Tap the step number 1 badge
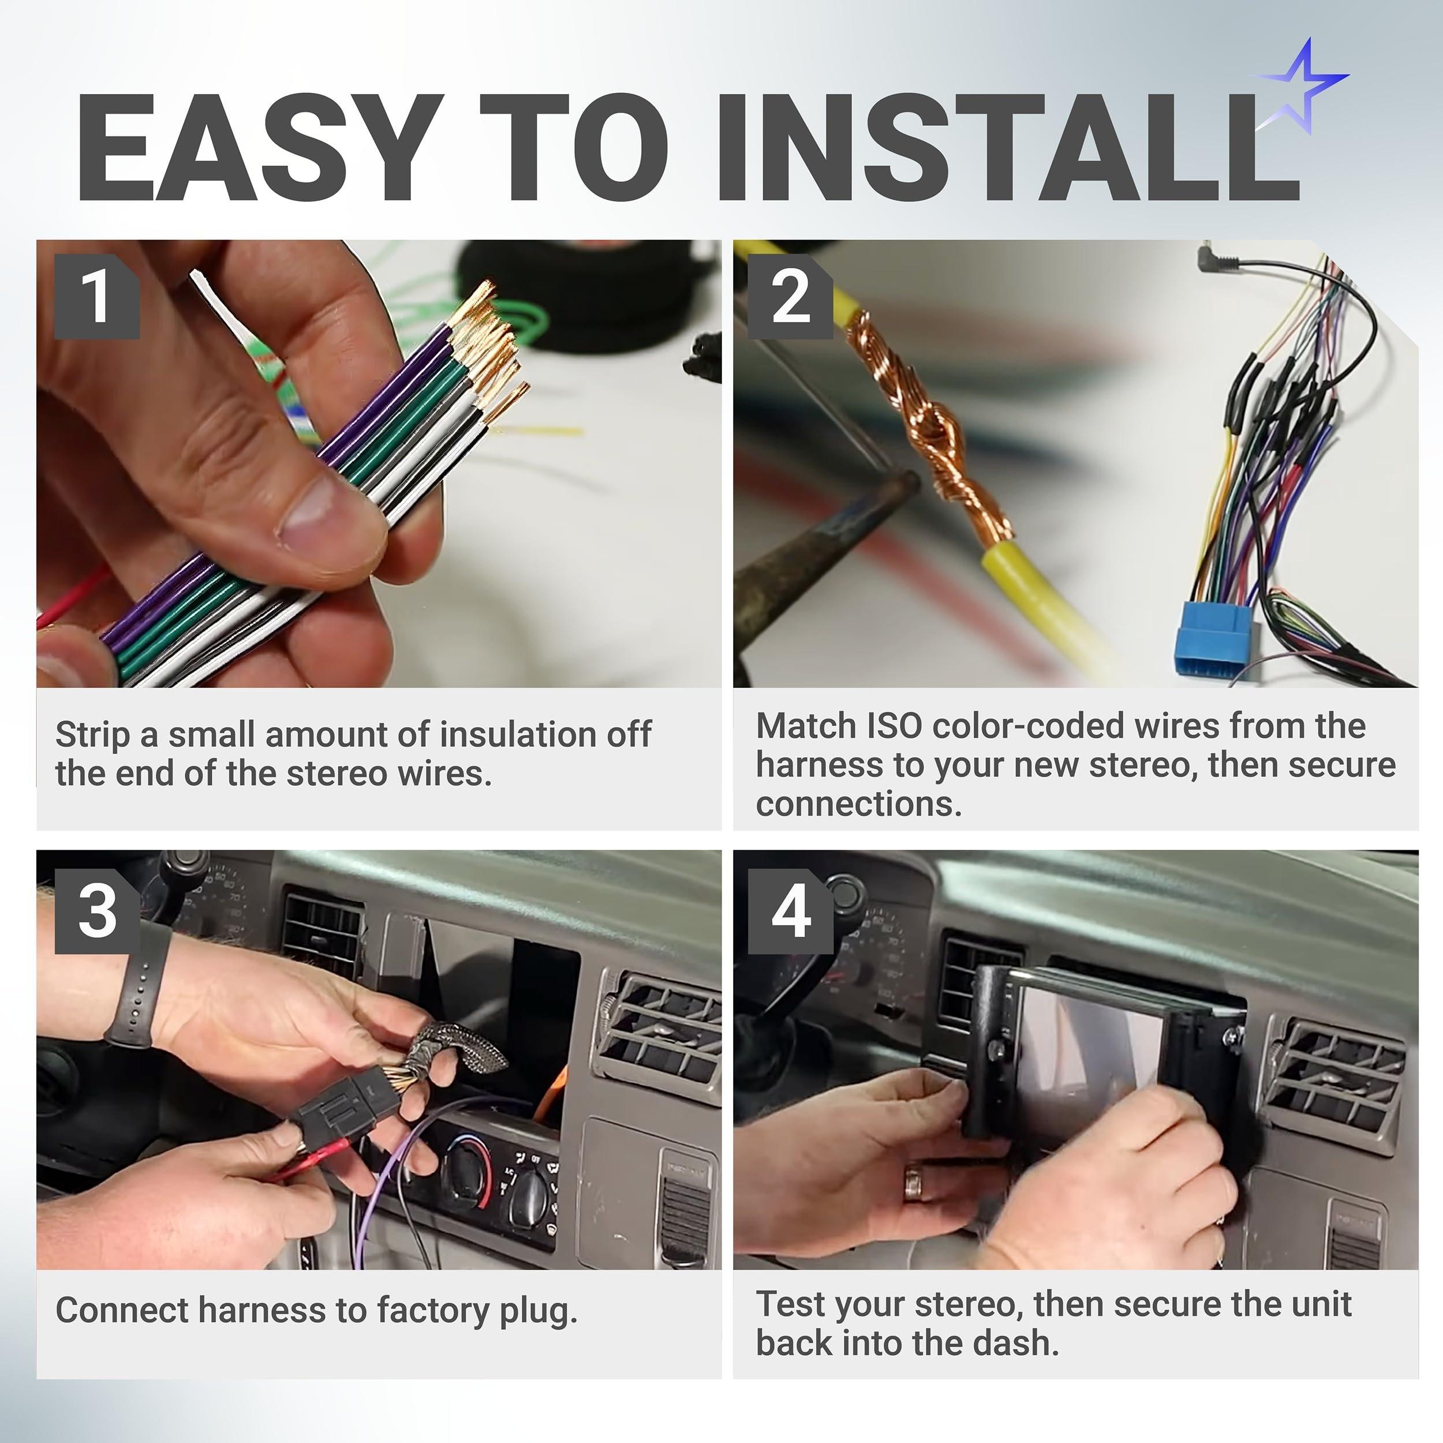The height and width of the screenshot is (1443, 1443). point(96,297)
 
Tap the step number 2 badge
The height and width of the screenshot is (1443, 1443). point(790,297)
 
